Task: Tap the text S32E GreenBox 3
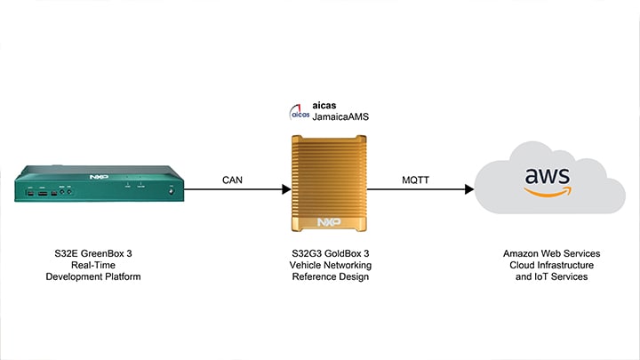(93, 252)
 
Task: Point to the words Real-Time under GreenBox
(93, 265)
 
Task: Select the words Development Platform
(93, 277)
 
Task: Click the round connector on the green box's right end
(172, 189)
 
